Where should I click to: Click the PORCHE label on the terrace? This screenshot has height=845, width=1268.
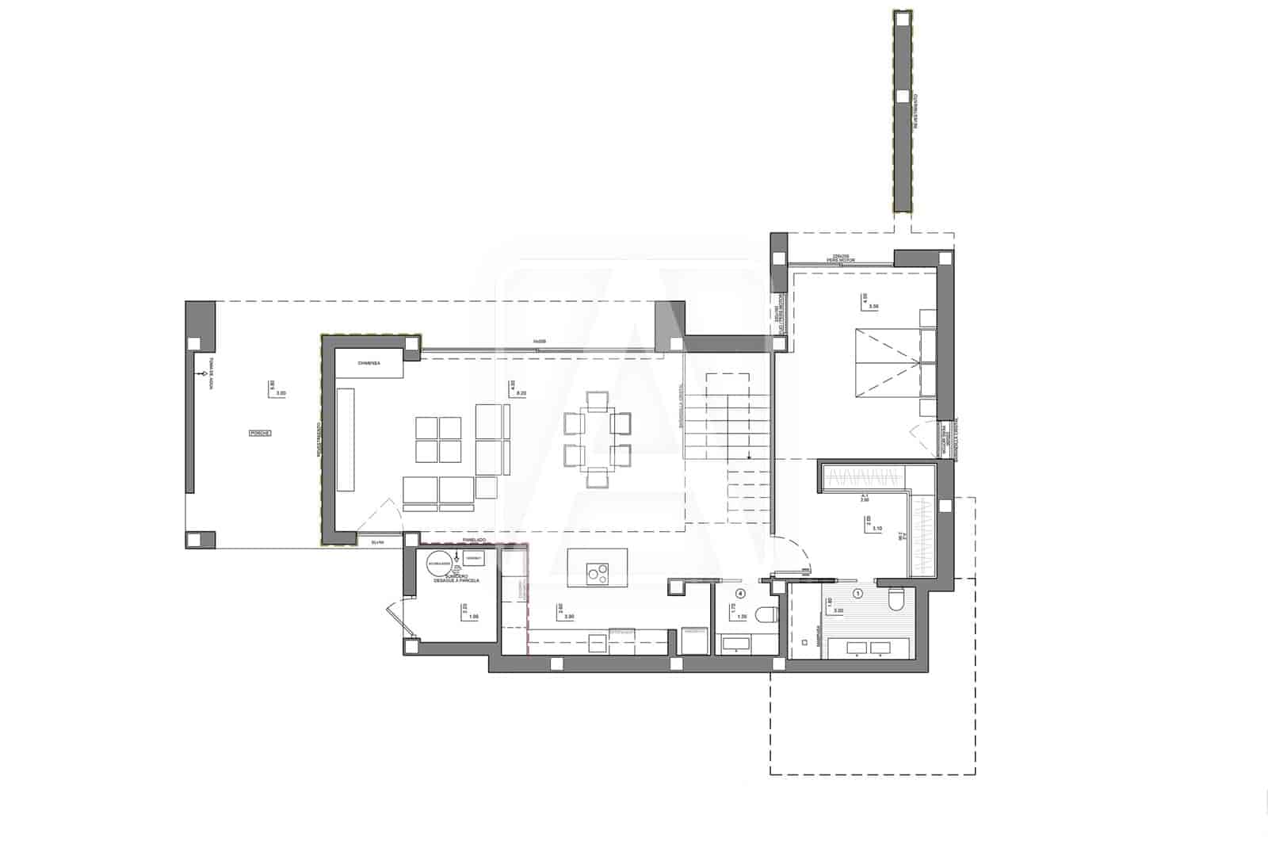click(260, 434)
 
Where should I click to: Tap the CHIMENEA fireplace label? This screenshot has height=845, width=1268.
click(369, 364)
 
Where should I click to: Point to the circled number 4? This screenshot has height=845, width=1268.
click(740, 593)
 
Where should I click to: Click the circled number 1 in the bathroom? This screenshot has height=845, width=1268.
click(857, 593)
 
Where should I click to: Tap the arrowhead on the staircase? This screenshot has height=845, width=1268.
click(748, 456)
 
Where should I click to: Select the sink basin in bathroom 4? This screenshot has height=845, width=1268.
click(735, 642)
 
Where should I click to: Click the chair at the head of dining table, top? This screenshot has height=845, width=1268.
click(596, 400)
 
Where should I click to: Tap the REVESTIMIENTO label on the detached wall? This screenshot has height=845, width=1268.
click(915, 111)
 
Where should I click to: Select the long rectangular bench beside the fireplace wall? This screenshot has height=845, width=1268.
click(346, 439)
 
